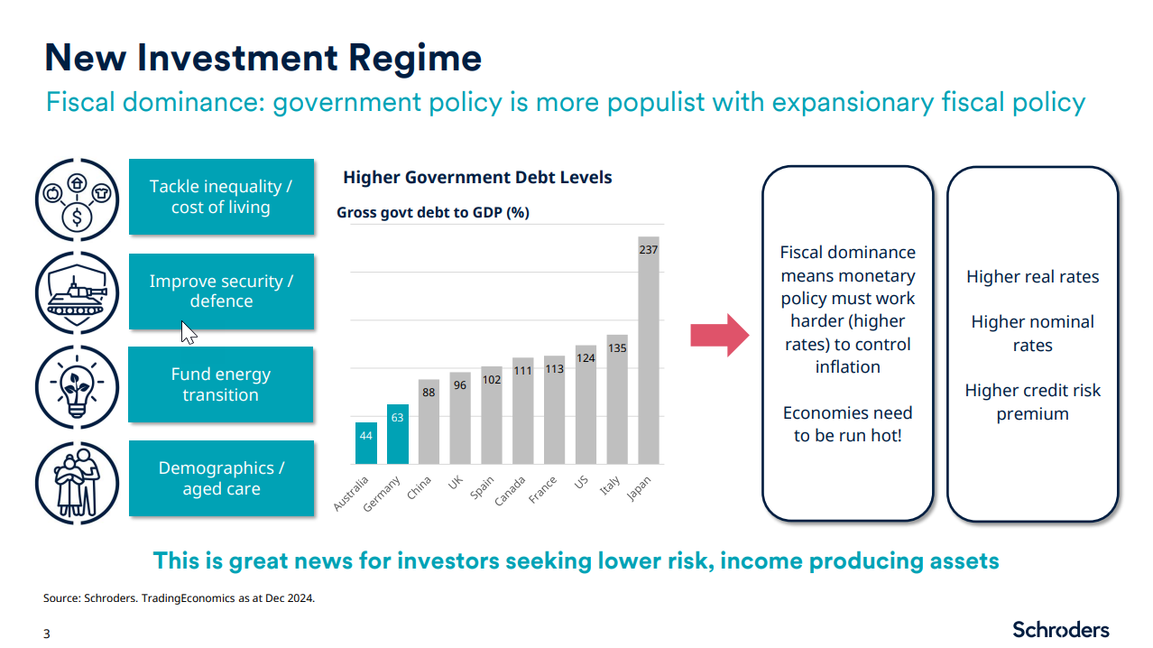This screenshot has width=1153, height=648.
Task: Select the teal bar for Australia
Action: click(365, 443)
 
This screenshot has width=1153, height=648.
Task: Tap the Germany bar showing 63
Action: click(397, 434)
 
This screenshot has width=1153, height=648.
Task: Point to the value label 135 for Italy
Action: click(617, 347)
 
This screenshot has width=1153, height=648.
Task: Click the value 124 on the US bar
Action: click(586, 358)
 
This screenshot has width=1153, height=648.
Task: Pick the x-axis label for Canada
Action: click(510, 490)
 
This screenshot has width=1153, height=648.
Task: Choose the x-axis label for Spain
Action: click(483, 488)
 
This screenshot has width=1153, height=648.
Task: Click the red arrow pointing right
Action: click(719, 336)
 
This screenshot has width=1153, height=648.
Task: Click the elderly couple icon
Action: click(78, 479)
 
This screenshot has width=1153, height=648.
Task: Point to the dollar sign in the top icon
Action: click(78, 217)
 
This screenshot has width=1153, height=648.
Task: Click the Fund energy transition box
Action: click(221, 384)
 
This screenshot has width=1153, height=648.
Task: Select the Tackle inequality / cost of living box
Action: click(221, 197)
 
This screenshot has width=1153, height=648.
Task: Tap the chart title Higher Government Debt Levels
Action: click(477, 177)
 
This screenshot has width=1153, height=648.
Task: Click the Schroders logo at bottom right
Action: click(1060, 629)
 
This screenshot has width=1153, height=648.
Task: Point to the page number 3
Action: click(47, 634)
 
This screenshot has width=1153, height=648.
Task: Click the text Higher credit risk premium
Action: click(1032, 403)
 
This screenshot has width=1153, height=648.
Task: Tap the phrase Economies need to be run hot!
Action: click(847, 424)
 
